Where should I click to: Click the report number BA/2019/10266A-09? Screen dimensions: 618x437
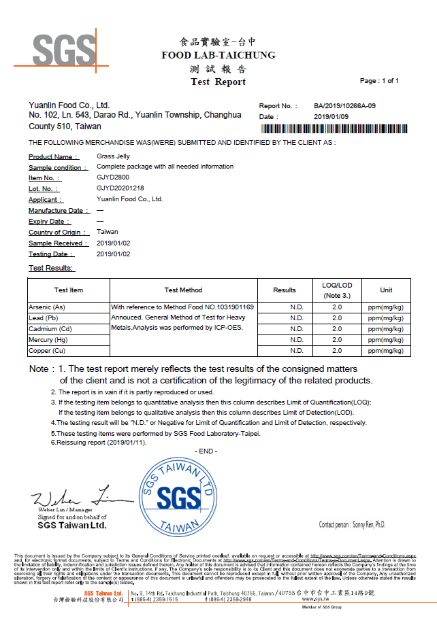click(x=344, y=106)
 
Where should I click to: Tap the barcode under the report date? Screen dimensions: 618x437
click(x=329, y=128)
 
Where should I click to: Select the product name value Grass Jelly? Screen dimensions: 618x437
click(x=112, y=156)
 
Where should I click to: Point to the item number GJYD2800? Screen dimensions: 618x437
click(x=112, y=177)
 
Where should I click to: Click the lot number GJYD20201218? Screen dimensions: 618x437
click(x=120, y=188)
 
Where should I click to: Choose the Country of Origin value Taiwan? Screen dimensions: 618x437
click(x=108, y=232)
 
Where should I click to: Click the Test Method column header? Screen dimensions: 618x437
click(x=183, y=290)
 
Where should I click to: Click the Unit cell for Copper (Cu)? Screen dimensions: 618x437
click(x=386, y=351)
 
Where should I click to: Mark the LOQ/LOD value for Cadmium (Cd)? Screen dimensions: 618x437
click(x=336, y=329)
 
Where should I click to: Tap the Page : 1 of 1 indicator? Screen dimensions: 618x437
click(x=379, y=81)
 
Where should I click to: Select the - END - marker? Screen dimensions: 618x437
click(x=206, y=451)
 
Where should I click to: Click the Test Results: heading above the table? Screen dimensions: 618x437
click(x=50, y=268)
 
